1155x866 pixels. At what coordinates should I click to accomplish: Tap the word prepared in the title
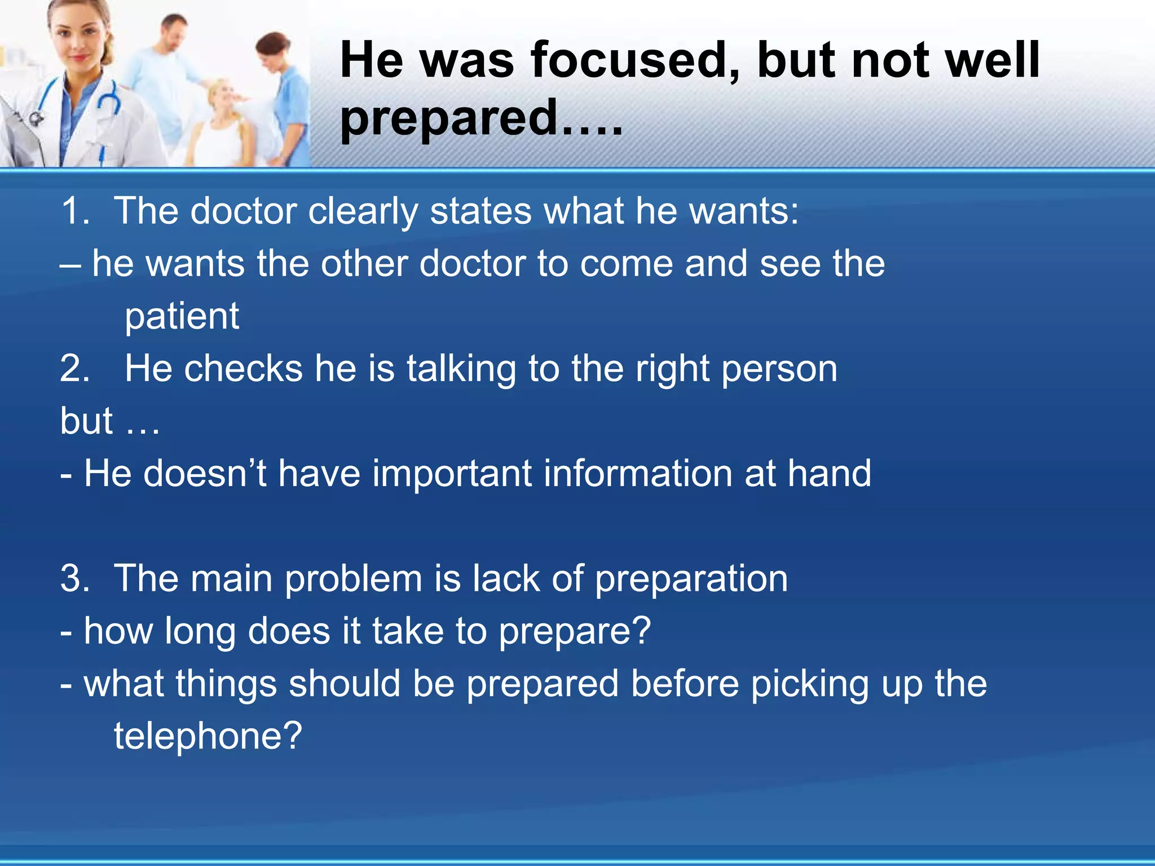[x=448, y=118]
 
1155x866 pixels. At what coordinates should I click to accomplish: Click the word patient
[x=182, y=316]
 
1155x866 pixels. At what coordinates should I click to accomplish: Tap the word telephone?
[x=208, y=736]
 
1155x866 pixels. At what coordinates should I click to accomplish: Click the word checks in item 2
[x=244, y=369]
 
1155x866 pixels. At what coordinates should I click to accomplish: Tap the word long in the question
[x=200, y=631]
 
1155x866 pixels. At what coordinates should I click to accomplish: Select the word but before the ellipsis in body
[x=86, y=421]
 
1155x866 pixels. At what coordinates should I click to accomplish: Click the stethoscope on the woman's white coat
[x=107, y=104]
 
